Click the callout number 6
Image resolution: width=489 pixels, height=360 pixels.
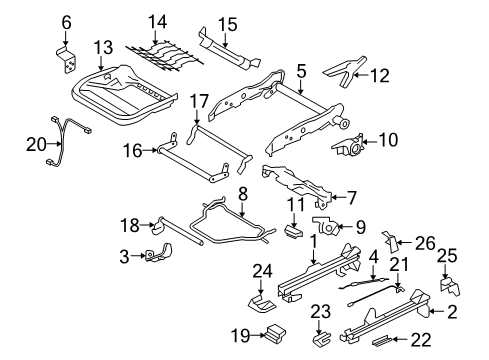[x=68, y=21]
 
